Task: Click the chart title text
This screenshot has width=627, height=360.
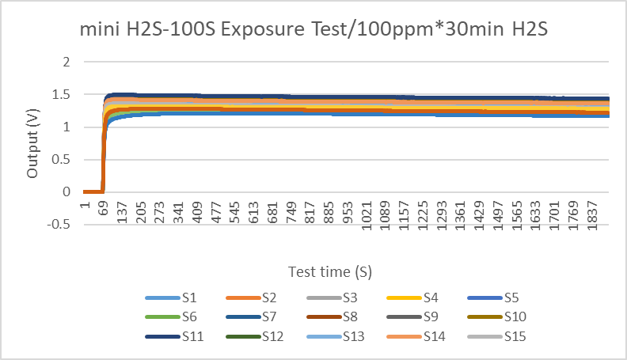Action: [x=313, y=30]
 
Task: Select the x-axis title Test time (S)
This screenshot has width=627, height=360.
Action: [x=330, y=271]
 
